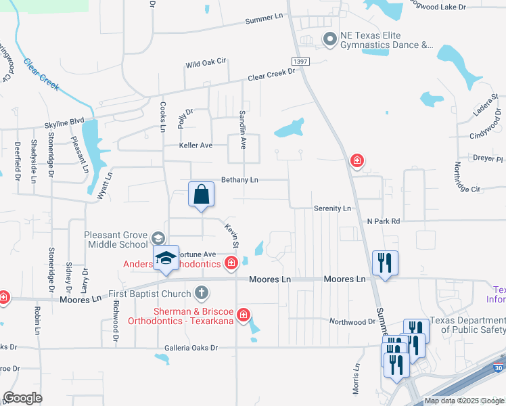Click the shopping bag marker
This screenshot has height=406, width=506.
(x=202, y=195)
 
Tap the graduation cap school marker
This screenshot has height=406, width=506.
(x=166, y=258)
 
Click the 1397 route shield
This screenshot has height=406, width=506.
(x=302, y=62)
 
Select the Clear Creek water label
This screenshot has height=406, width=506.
(x=42, y=75)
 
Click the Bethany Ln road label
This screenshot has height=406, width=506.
(x=240, y=180)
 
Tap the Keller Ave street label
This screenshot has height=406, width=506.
(x=195, y=145)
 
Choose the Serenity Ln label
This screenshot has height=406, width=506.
(x=332, y=208)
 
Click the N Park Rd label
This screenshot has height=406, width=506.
(x=384, y=221)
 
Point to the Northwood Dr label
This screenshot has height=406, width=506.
(x=352, y=321)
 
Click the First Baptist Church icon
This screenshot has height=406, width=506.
(x=200, y=293)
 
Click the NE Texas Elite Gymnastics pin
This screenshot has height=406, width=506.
(x=329, y=39)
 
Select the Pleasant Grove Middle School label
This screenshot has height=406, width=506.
(x=116, y=240)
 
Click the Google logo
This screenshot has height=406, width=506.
(x=22, y=398)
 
